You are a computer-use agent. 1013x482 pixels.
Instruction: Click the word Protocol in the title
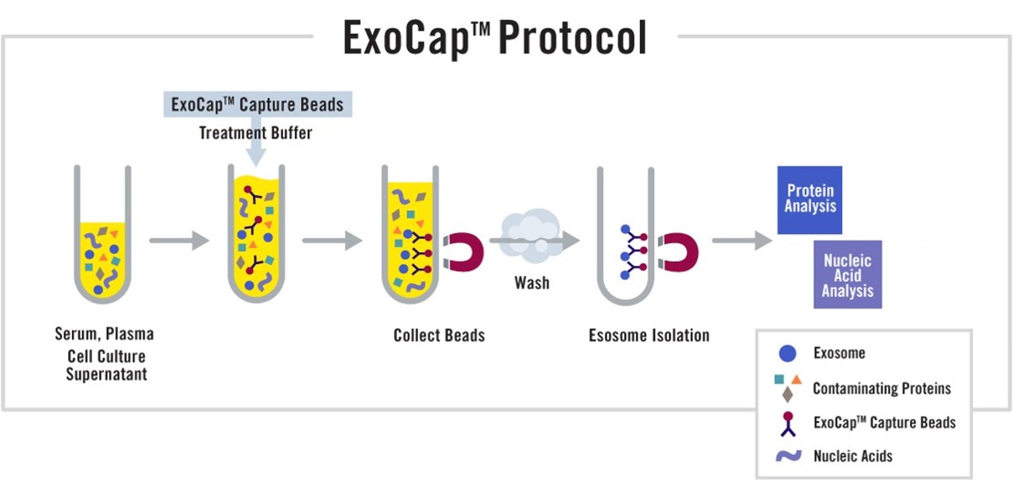(572, 38)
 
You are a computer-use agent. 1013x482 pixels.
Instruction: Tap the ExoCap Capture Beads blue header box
(258, 105)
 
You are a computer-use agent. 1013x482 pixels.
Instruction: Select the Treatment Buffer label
(255, 133)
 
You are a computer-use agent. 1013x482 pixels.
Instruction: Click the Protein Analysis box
(810, 200)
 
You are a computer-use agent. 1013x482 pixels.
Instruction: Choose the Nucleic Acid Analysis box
(848, 274)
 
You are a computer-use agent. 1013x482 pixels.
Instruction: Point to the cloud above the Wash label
(531, 235)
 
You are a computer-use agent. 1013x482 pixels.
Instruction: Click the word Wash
(532, 283)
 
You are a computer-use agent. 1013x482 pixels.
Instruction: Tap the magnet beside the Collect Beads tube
(464, 252)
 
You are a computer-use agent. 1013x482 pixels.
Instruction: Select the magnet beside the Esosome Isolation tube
(679, 252)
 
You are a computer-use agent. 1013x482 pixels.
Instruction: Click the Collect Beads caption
(439, 336)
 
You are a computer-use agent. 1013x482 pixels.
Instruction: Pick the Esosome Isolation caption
(649, 336)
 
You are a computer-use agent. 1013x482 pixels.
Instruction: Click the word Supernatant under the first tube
(107, 374)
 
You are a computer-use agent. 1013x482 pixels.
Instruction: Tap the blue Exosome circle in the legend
(787, 353)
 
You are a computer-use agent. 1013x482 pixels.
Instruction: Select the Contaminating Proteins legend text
(882, 388)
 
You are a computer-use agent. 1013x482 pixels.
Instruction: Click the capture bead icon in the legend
(788, 424)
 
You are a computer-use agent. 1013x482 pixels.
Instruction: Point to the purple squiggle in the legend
(789, 456)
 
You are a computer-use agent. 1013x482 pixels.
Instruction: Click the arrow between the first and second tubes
(179, 240)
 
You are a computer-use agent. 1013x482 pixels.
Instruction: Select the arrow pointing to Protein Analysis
(742, 240)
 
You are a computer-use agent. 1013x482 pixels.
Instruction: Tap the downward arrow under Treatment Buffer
(256, 141)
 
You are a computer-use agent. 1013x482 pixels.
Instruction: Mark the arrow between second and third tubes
(333, 240)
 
